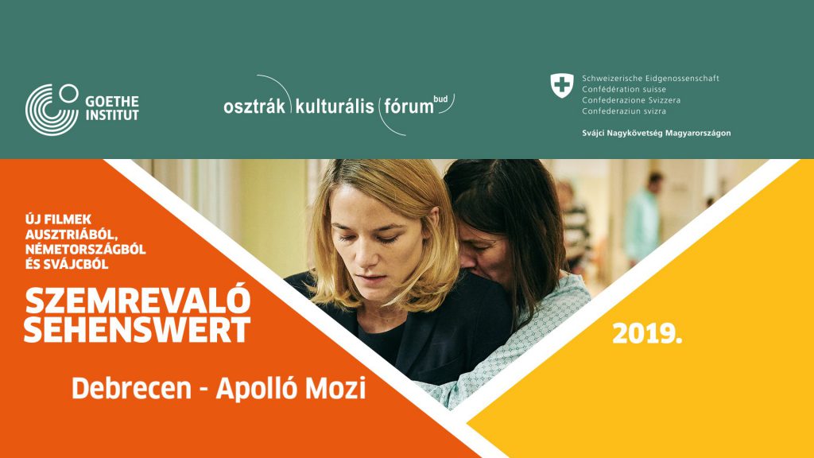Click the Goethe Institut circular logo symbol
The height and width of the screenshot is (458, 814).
click(x=52, y=110)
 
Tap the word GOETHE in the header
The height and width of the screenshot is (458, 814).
click(x=112, y=101)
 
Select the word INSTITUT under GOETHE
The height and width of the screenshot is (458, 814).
click(x=112, y=114)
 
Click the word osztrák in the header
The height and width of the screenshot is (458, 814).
click(x=254, y=107)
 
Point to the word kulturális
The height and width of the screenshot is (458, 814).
click(x=335, y=106)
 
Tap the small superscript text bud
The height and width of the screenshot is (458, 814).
click(x=440, y=99)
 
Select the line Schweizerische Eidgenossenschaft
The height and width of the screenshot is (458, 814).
click(x=650, y=79)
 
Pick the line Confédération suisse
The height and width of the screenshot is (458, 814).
click(x=624, y=89)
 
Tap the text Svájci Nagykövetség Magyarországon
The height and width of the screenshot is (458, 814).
click(x=656, y=133)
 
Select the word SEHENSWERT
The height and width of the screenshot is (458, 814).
click(x=137, y=330)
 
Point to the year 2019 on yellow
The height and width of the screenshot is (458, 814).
click(x=647, y=333)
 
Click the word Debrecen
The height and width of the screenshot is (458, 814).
click(x=131, y=389)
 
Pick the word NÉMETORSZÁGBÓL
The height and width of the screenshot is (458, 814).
click(x=86, y=249)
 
